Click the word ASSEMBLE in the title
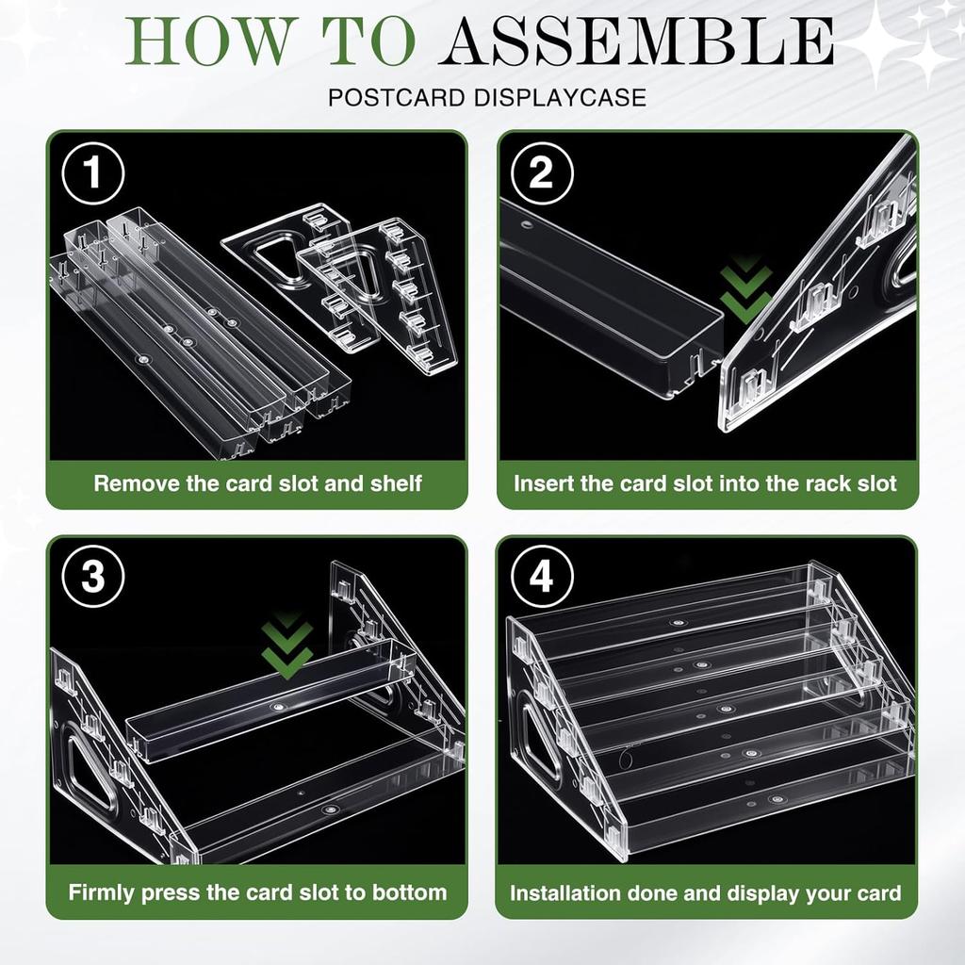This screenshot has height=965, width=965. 636,41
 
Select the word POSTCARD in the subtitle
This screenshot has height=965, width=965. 396,98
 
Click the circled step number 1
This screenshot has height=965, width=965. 93,173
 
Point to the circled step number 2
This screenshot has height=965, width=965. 542,173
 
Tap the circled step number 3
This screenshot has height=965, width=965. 93,578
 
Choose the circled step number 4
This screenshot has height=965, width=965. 542,578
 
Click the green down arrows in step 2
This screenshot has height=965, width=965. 745,289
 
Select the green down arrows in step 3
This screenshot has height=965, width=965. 287,646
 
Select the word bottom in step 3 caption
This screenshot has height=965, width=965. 413,892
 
